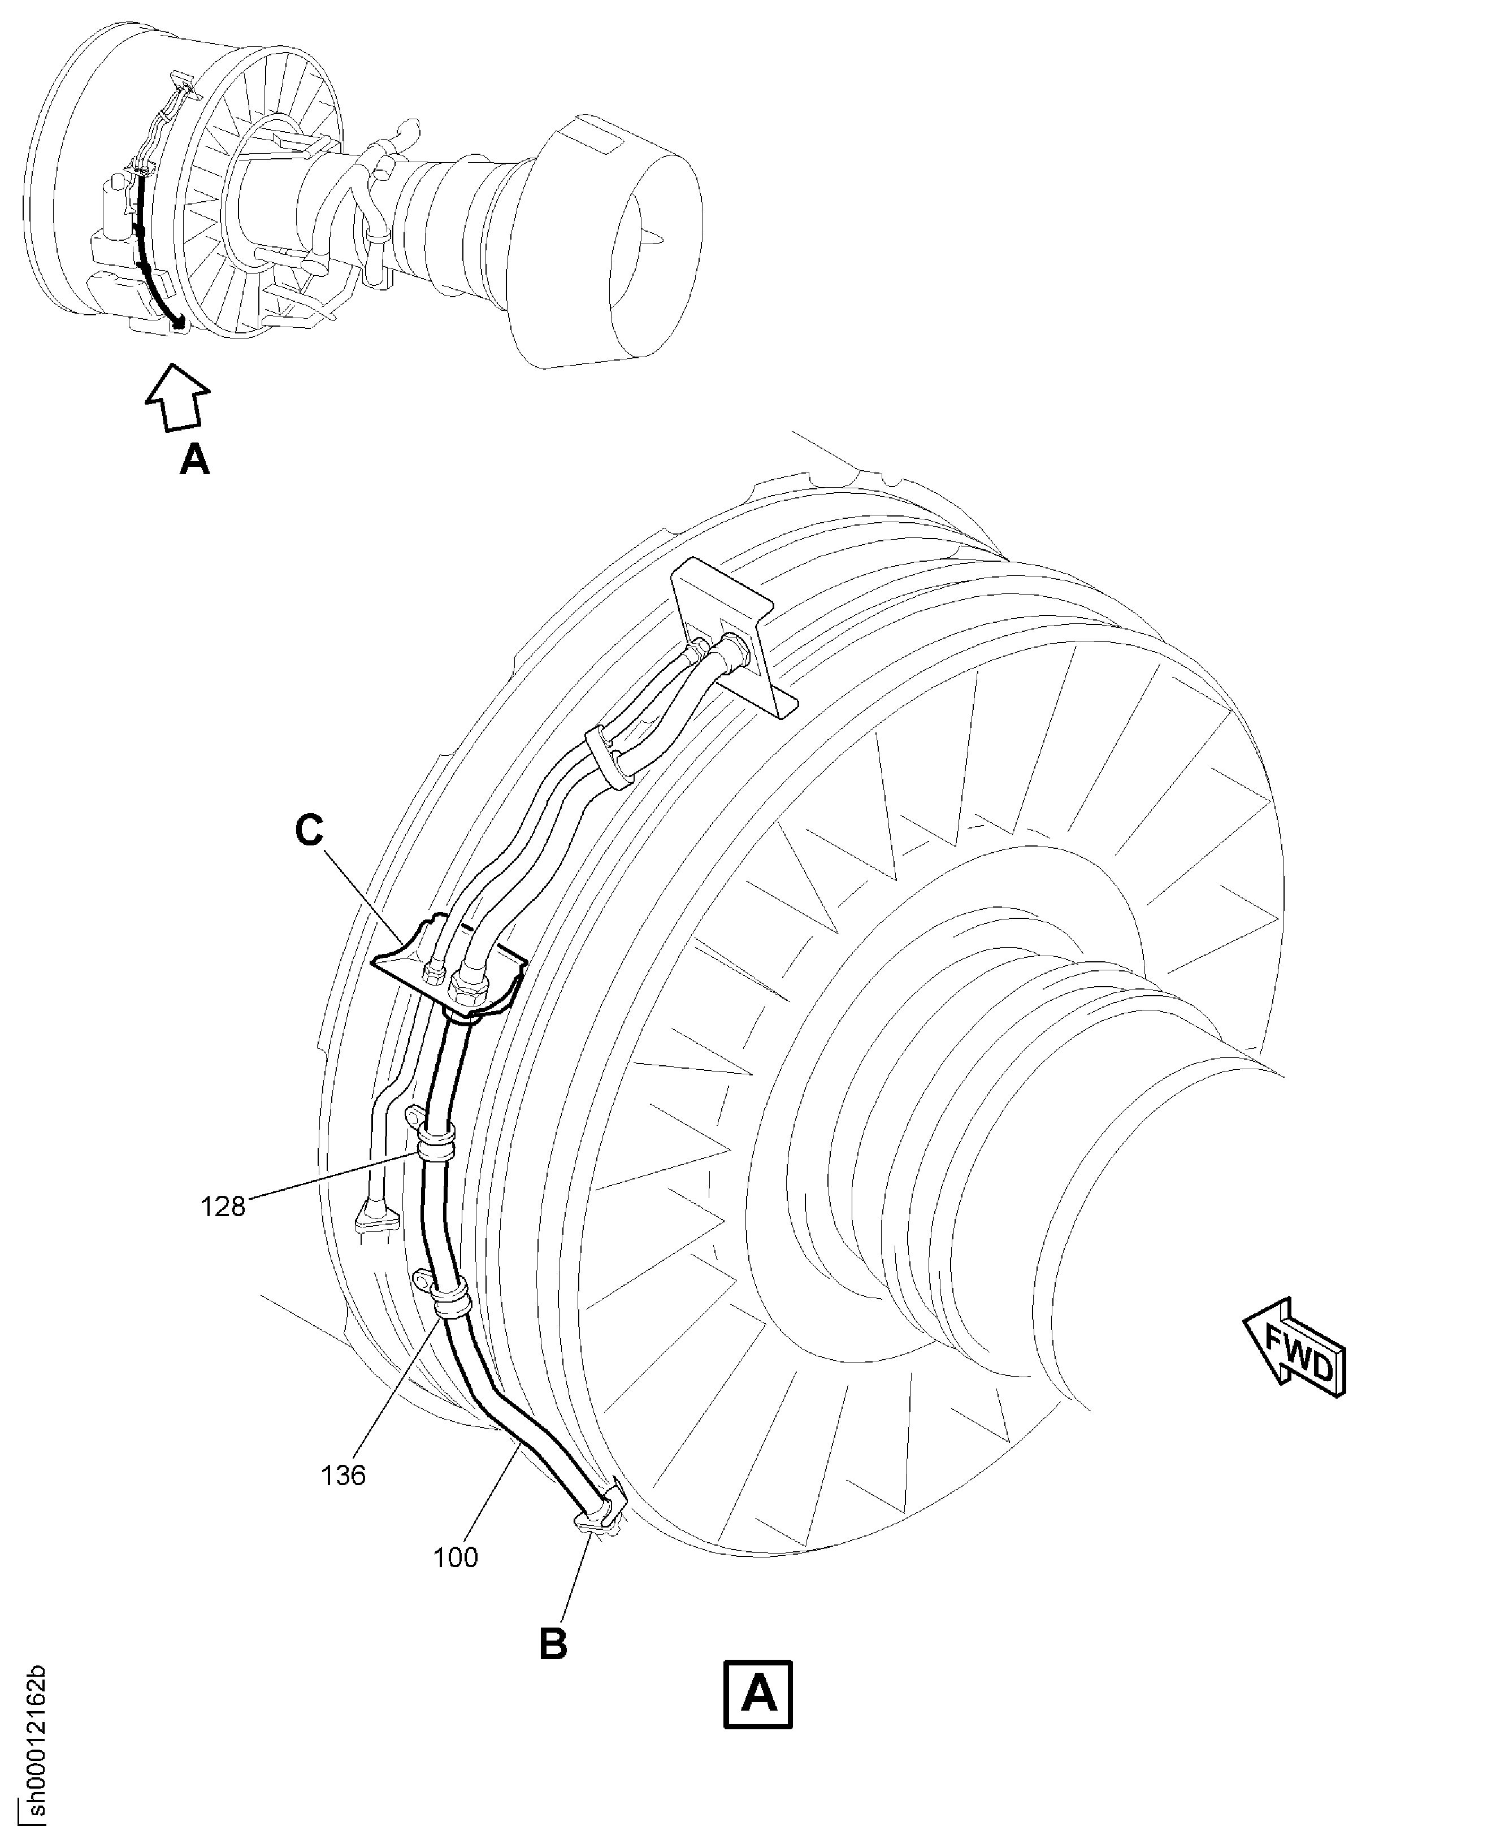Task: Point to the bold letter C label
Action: [309, 831]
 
